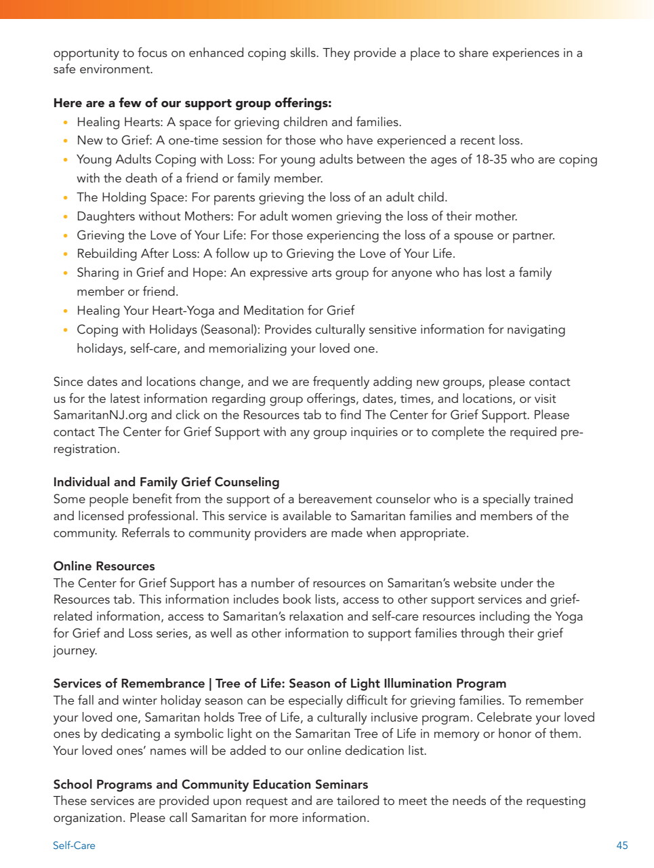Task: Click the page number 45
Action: click(x=621, y=846)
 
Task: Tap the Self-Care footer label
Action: click(x=74, y=846)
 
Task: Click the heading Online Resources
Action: click(x=104, y=566)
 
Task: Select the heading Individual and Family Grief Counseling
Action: click(x=166, y=482)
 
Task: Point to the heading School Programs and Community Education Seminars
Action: click(x=210, y=785)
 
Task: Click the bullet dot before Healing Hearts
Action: click(x=65, y=123)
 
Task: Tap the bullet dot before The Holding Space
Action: click(x=65, y=198)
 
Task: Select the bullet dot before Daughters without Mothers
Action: click(x=65, y=217)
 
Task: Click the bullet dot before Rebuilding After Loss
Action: click(x=65, y=254)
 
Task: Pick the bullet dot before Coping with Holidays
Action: click(x=65, y=330)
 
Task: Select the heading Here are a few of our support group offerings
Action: click(x=192, y=104)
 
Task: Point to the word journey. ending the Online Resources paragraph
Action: click(x=75, y=650)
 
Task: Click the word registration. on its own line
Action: click(x=86, y=449)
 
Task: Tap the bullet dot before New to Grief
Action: click(x=65, y=141)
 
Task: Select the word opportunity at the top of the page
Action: click(x=86, y=53)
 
